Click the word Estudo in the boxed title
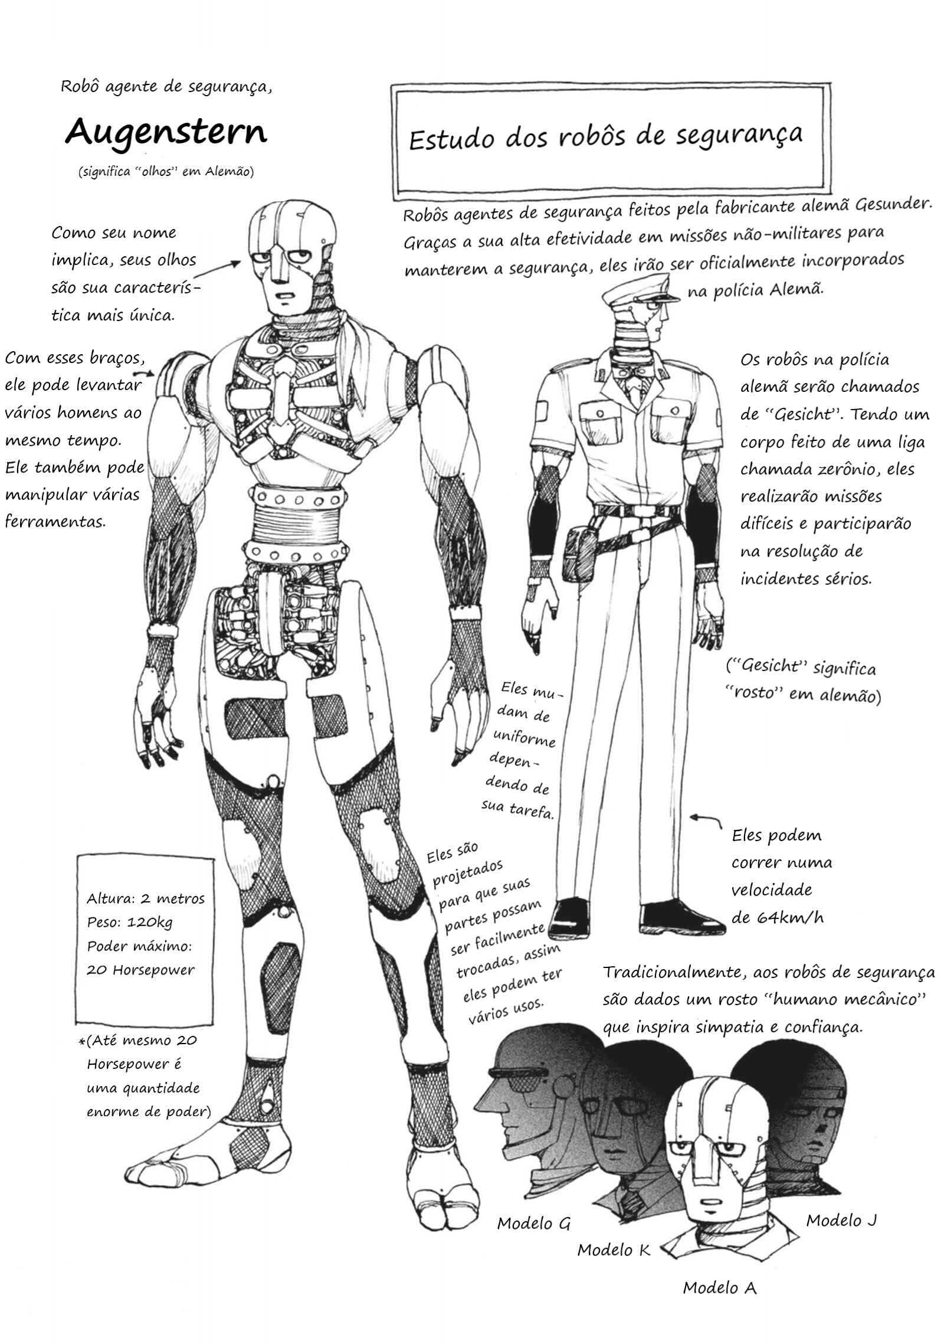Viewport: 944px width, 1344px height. coord(451,140)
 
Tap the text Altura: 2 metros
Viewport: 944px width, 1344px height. coord(146,898)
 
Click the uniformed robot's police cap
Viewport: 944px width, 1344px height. coord(640,293)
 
